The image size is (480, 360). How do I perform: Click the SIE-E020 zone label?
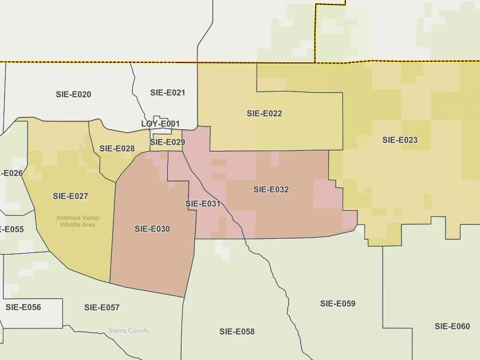click(73, 94)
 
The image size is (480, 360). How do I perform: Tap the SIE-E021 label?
click(168, 93)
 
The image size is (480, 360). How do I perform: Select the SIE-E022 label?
click(265, 113)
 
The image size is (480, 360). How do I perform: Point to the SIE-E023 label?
click(400, 140)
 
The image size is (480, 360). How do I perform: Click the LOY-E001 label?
click(160, 124)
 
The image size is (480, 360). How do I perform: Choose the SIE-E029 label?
click(167, 142)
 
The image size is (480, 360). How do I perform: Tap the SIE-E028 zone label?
click(117, 148)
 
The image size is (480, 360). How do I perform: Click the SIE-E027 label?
click(70, 196)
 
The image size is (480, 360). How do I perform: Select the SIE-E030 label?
click(152, 229)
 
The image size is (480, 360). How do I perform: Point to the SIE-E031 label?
click(203, 203)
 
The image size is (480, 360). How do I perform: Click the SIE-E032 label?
click(271, 189)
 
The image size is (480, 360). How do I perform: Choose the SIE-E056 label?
click(23, 307)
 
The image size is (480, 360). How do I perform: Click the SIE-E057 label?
click(102, 308)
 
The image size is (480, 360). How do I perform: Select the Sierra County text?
click(129, 331)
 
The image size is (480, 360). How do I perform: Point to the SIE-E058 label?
click(237, 331)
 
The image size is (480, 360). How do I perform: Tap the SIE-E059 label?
click(338, 303)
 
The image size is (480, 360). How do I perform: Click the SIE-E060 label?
click(452, 326)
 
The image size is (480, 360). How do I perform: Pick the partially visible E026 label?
click(11, 173)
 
